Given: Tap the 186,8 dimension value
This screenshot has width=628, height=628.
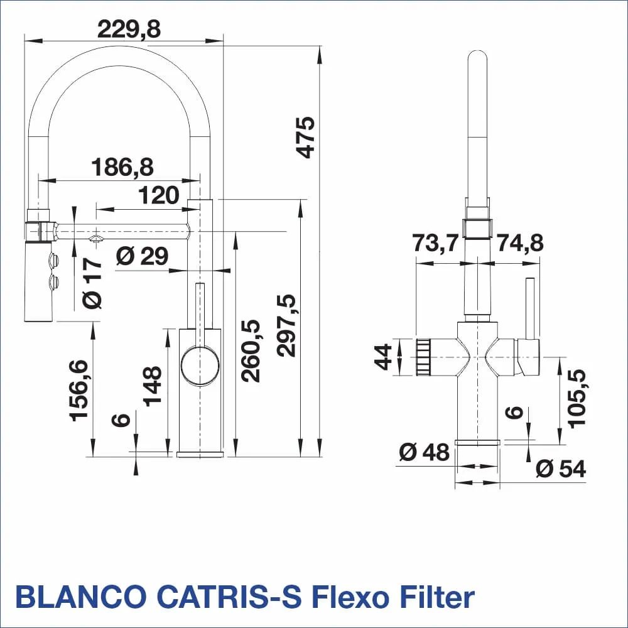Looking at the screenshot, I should point(122,167).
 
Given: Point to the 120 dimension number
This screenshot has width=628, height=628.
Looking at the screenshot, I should point(159,195).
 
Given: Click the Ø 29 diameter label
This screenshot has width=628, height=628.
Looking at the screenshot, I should point(143,256).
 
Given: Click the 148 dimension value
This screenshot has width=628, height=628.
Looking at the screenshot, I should point(153,386).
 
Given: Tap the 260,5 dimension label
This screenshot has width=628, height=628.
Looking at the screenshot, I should point(250,350).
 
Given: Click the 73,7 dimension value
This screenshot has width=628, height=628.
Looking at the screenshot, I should point(436,242).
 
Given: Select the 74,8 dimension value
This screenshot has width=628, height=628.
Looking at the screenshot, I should point(519,242).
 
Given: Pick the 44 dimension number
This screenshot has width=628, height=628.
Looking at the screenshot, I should point(384,357).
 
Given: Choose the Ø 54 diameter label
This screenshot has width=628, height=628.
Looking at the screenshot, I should point(561,468).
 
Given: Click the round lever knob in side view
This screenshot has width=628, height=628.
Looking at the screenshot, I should point(200,364).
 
